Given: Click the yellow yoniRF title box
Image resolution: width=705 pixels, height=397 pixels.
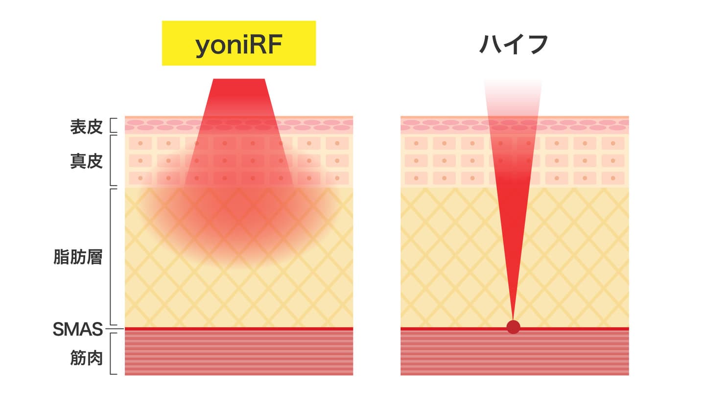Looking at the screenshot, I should point(238,43).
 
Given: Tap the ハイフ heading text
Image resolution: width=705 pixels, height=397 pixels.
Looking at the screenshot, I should point(514,44).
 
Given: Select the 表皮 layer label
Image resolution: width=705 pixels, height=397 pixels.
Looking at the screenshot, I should point(86,126).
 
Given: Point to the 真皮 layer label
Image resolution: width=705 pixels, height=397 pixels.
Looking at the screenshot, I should point(86,161).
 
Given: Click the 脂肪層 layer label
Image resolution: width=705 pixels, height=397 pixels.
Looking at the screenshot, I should point(78,257).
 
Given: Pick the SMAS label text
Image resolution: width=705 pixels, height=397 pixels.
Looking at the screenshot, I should point(77,329).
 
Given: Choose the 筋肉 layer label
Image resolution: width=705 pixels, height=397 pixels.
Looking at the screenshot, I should point(86,358).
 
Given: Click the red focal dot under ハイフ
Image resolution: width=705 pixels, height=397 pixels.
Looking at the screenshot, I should point(513,327).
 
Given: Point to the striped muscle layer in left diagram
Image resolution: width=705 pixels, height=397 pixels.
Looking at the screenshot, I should point(239,353).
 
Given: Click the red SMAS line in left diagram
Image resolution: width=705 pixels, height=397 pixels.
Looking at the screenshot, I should point(239,328).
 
